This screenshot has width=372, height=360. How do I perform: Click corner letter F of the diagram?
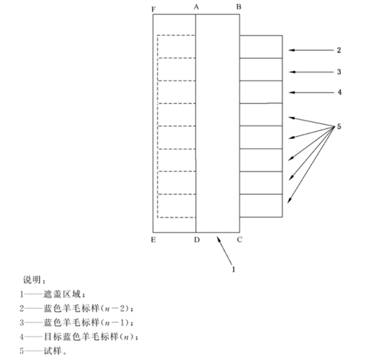click(x=154, y=9)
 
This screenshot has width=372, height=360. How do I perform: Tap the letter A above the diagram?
click(x=196, y=7)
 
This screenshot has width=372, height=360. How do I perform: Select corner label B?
click(x=239, y=7)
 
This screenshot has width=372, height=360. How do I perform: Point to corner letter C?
click(x=239, y=240)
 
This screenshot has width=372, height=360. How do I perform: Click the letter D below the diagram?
click(x=197, y=240)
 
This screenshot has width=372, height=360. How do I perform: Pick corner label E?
click(x=154, y=240)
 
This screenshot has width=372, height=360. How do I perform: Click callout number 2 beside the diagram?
click(x=339, y=50)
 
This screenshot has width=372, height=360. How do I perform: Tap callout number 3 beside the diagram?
click(x=339, y=72)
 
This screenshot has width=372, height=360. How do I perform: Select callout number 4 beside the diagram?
click(x=340, y=92)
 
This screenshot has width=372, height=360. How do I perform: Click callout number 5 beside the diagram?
click(x=339, y=127)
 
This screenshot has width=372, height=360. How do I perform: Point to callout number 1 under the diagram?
click(x=234, y=269)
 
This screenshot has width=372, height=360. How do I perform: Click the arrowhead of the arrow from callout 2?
click(x=289, y=50)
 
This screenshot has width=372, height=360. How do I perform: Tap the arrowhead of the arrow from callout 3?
click(x=290, y=72)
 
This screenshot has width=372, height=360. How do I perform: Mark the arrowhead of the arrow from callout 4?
click(x=289, y=92)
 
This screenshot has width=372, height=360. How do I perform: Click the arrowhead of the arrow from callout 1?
click(x=217, y=236)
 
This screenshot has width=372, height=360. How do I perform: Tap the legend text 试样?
click(x=53, y=351)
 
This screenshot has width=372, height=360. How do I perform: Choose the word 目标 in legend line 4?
click(x=53, y=336)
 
